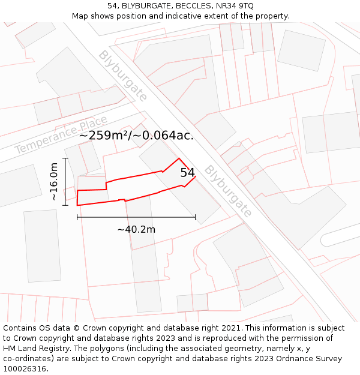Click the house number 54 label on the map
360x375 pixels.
click(188, 173)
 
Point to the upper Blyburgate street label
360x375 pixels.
click(122, 76)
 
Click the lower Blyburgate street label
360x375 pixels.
click(227, 191)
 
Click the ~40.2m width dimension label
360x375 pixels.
click(136, 229)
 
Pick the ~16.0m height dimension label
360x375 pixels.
click(54, 181)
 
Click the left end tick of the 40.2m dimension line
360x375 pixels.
click(77, 217)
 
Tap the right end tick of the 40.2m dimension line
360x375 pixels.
click(196, 217)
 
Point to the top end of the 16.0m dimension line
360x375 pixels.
click(65, 158)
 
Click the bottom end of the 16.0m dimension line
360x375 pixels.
click(65, 205)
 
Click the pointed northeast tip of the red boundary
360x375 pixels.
click(179, 158)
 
